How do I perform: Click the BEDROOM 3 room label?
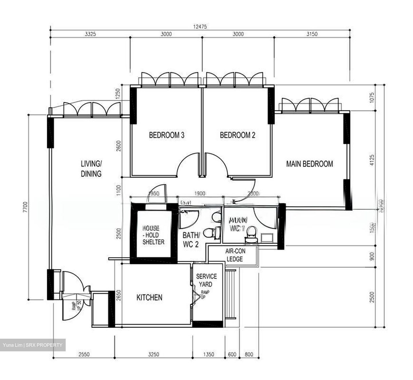point(166,135)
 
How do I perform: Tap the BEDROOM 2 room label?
point(237,135)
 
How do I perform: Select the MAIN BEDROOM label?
point(309,164)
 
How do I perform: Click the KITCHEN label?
point(149,297)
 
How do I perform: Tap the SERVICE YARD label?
point(206,280)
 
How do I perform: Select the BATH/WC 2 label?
point(191,240)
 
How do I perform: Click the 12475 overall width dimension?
point(200,27)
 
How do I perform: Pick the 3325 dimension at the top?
point(90,34)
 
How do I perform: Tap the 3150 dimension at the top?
point(312,34)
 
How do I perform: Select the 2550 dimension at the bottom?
point(84,354)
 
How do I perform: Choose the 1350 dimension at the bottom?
point(209,354)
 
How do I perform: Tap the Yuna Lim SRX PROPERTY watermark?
point(32,345)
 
